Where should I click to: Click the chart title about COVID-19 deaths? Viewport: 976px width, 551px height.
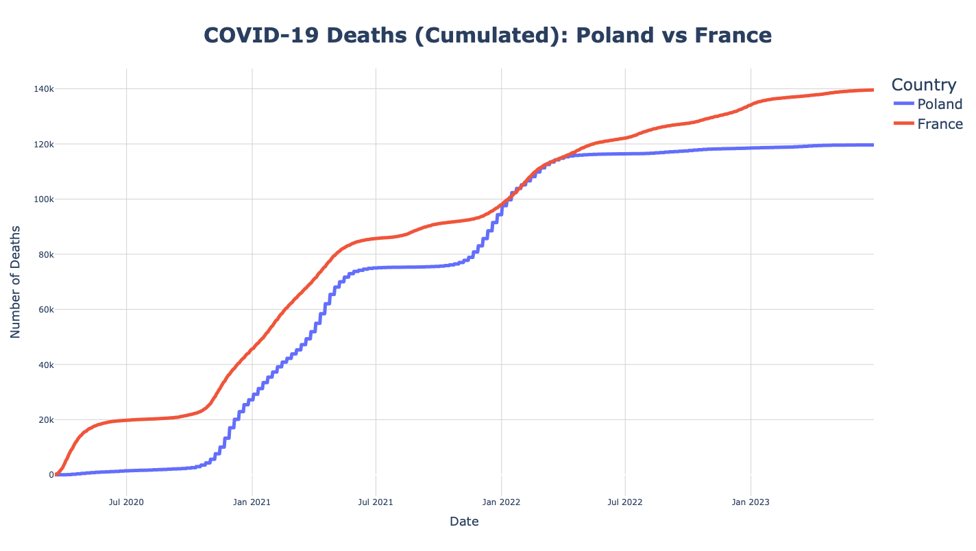[x=487, y=36]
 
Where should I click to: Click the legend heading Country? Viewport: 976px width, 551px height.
[x=923, y=85]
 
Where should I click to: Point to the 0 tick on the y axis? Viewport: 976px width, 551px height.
[x=50, y=475]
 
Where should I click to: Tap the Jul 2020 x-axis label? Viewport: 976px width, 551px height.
[x=127, y=502]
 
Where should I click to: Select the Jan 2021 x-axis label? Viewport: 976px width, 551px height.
[x=252, y=502]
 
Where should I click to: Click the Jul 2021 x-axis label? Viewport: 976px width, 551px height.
[x=376, y=502]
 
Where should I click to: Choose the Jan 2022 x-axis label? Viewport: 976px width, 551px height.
[x=502, y=502]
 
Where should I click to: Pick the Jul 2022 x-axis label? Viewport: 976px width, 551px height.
[x=625, y=502]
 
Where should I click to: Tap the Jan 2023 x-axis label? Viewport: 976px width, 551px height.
[x=751, y=502]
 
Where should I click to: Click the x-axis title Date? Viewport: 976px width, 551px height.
[x=464, y=522]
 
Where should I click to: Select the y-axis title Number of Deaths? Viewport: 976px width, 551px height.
[x=16, y=282]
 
